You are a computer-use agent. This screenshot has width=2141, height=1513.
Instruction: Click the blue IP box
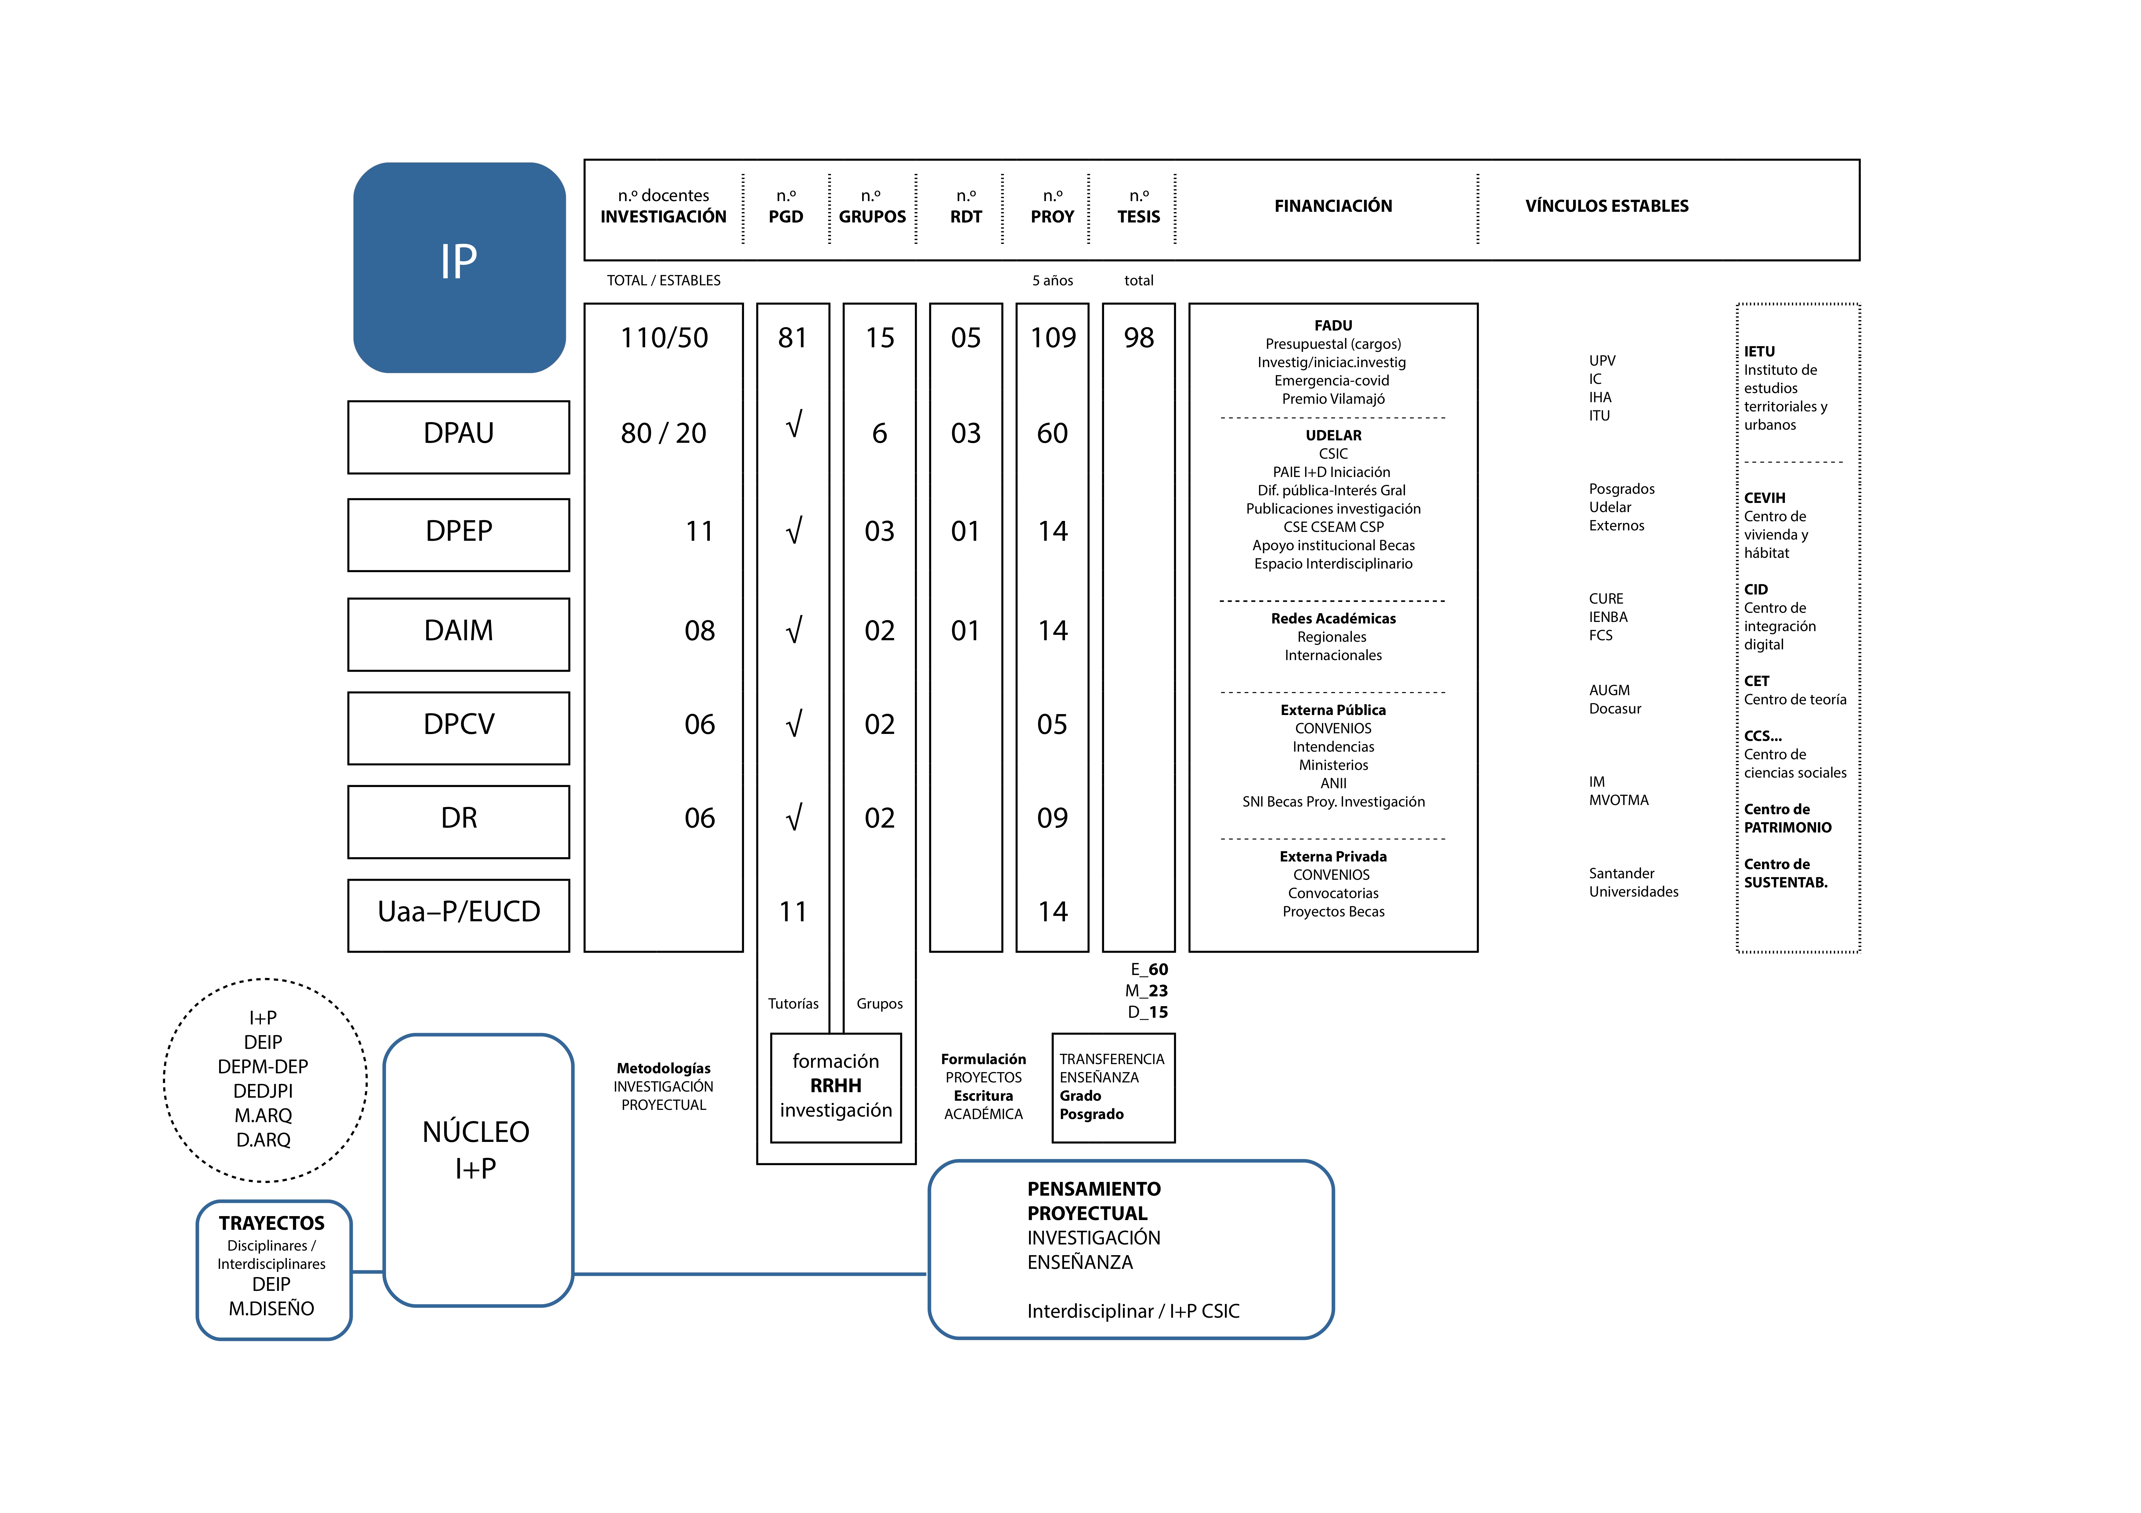pyautogui.click(x=459, y=268)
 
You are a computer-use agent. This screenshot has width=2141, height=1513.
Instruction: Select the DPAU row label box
pyautogui.click(x=459, y=437)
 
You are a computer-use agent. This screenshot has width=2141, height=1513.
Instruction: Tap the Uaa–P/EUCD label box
pyautogui.click(x=459, y=915)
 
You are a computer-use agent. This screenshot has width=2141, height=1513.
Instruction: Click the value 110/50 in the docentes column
pyautogui.click(x=664, y=338)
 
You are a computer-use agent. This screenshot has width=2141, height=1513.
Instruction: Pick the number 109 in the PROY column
pyautogui.click(x=1053, y=338)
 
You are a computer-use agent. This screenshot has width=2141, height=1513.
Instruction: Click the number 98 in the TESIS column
pyautogui.click(x=1139, y=338)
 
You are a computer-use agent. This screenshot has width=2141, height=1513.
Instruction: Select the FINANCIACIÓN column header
pyautogui.click(x=1334, y=206)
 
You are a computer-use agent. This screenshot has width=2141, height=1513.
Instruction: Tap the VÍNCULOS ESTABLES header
pyautogui.click(x=1607, y=206)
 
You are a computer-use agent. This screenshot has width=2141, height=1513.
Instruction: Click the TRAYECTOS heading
pyautogui.click(x=271, y=1223)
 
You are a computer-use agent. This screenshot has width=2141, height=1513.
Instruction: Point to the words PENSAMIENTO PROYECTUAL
pyautogui.click(x=1094, y=1201)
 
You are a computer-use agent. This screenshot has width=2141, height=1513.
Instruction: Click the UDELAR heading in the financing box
pyautogui.click(x=1334, y=435)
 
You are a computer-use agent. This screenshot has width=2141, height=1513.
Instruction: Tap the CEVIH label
pyautogui.click(x=1764, y=498)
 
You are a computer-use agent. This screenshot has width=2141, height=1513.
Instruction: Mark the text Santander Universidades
pyautogui.click(x=1634, y=882)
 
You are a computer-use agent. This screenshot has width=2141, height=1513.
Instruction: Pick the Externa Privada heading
pyautogui.click(x=1334, y=857)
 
